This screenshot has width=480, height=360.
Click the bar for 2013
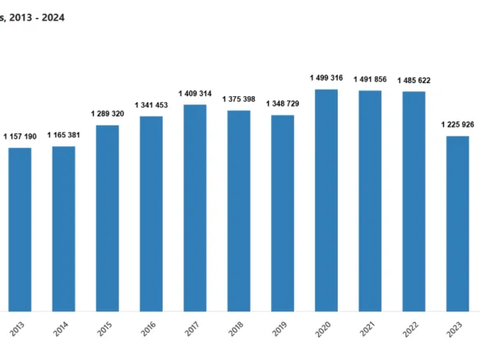tap(20, 229)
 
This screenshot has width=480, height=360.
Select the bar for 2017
tap(195, 208)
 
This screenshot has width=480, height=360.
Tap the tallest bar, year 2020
tap(326, 201)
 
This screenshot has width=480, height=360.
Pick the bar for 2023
tap(458, 224)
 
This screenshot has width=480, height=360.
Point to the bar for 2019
tap(283, 214)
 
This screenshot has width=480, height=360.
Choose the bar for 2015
tap(108, 219)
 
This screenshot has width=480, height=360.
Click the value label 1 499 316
tap(326, 78)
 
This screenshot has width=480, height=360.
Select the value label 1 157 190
tap(20, 136)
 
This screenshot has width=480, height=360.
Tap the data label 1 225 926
tap(458, 125)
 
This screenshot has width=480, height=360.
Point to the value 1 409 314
tap(195, 94)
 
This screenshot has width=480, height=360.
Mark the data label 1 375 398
tap(239, 99)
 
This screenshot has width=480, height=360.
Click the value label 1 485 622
tap(414, 81)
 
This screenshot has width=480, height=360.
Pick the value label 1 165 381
tap(63, 135)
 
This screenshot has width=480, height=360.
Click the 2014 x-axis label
tap(61, 329)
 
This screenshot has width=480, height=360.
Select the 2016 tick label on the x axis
tap(148, 329)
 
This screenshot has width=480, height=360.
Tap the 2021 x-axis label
tap(367, 329)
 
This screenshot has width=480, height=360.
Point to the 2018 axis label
tap(236, 329)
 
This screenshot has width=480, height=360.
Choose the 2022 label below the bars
tap(411, 329)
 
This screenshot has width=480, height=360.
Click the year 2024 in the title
tap(53, 18)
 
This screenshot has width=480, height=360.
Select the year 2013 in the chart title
tap(21, 18)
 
